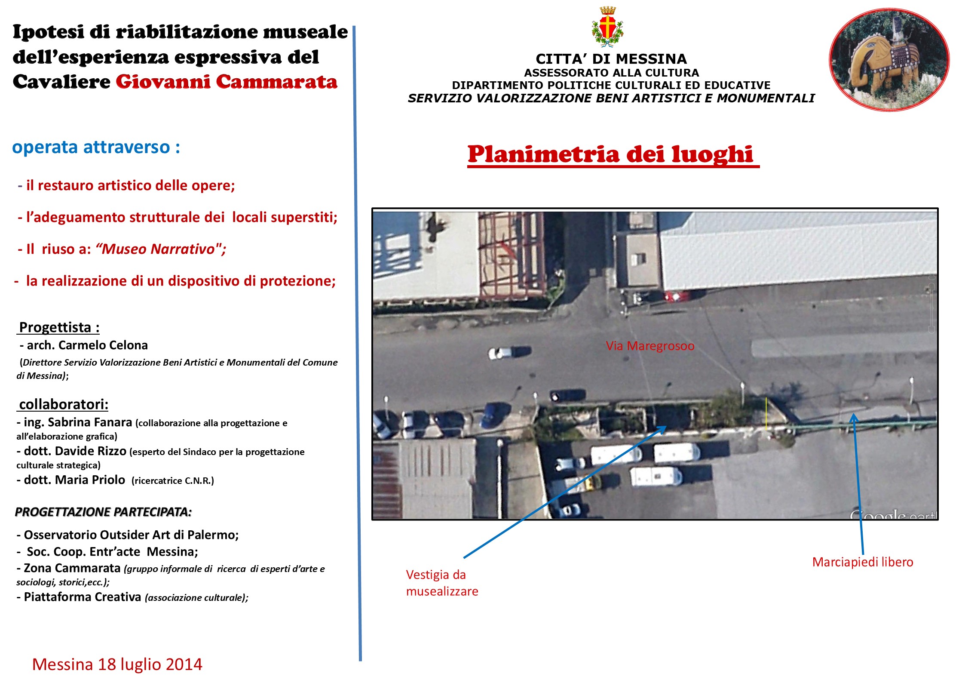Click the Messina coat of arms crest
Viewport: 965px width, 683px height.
coord(607,27)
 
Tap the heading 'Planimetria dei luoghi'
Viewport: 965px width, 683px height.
coord(610,154)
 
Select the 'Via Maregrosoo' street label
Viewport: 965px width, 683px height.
coord(649,346)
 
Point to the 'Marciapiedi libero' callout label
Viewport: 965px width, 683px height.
coord(862,562)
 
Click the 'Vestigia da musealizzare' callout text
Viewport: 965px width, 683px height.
coord(441,583)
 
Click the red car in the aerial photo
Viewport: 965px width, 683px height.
coord(677,296)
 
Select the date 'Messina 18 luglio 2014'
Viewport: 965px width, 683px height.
coord(117,664)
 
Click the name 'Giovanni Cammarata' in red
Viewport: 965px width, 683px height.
coord(227,82)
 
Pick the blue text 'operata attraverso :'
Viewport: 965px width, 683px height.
coord(96,147)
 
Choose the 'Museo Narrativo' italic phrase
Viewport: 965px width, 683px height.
coord(158,249)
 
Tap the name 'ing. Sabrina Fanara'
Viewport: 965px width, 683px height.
coord(78,422)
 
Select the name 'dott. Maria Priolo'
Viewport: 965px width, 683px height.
coord(74,480)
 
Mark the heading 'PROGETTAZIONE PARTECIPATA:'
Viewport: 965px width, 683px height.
coord(103,512)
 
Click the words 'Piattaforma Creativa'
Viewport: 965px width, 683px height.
coord(83,597)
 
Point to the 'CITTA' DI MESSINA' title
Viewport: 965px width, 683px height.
coord(611,59)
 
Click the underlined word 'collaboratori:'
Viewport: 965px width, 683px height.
coord(64,404)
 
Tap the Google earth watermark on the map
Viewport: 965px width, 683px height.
coord(892,514)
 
